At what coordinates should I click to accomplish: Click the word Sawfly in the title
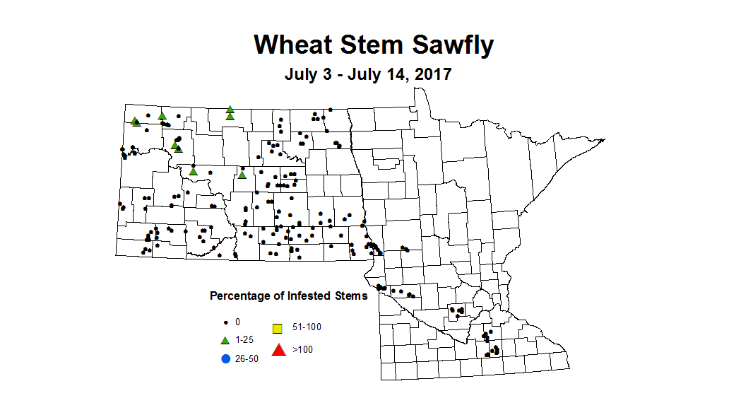click(452, 45)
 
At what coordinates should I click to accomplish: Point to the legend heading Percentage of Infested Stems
click(288, 296)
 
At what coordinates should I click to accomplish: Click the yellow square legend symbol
click(278, 328)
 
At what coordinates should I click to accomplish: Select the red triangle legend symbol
click(278, 349)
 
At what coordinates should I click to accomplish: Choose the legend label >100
click(302, 349)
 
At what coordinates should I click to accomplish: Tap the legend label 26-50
click(247, 358)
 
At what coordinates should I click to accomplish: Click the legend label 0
click(237, 322)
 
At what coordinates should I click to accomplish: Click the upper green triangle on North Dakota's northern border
click(230, 110)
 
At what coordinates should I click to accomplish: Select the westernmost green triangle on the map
click(134, 121)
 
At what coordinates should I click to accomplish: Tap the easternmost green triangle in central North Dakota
click(242, 175)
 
